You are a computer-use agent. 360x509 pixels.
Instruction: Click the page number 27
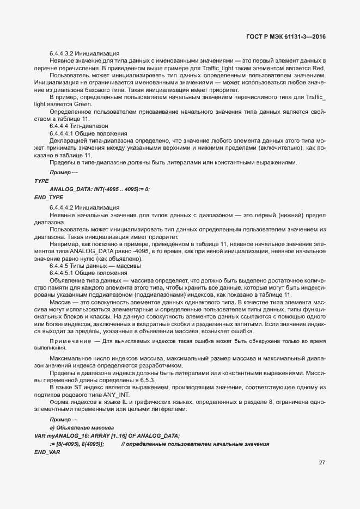pos(321,463)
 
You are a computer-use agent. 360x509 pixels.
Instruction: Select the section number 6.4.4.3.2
pos(61,54)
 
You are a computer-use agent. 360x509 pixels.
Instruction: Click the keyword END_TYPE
pos(48,197)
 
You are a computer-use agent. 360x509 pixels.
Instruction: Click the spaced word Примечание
pos(70,341)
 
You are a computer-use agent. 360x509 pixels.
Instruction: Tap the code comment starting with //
pos(195,444)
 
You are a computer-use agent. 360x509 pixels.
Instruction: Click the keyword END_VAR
pos(47,452)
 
